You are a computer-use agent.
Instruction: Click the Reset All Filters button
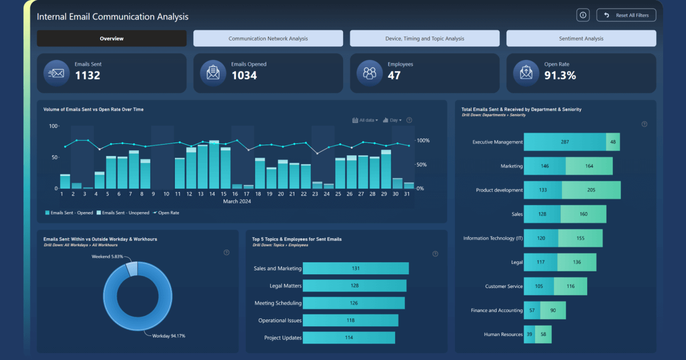[626, 15]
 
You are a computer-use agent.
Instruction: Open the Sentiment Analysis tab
[581, 38]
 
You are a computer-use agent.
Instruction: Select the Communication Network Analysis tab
[268, 38]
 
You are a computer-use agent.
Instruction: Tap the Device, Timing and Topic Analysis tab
[424, 38]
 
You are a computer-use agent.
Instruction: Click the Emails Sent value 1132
[87, 75]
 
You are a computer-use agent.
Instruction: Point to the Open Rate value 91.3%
[560, 75]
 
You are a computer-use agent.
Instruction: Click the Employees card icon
[369, 73]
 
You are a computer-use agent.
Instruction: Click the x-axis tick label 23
[315, 194]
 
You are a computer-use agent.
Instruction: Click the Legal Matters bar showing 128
[354, 285]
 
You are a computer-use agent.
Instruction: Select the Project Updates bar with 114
[349, 338]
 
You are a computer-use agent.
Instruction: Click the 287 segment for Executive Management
[564, 142]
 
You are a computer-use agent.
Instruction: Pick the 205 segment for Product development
[591, 190]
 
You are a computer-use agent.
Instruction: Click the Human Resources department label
[503, 334]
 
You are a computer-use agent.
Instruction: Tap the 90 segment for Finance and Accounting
[553, 310]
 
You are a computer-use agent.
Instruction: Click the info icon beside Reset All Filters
[583, 15]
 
